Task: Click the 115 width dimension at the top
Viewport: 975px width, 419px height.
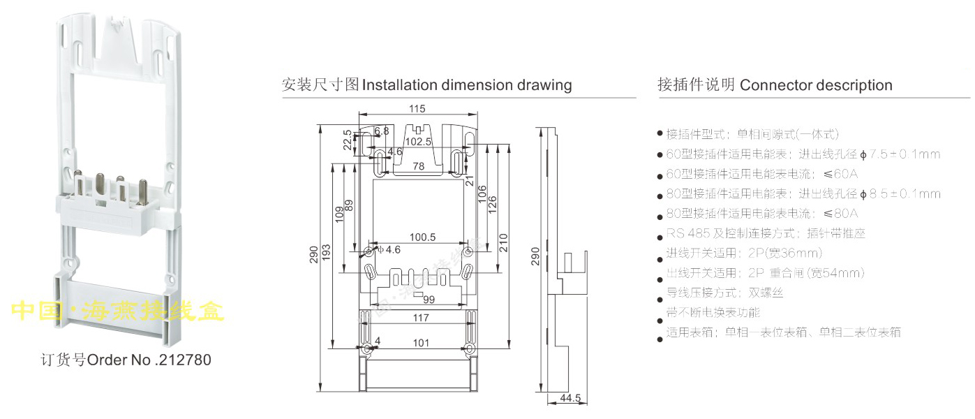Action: (x=417, y=108)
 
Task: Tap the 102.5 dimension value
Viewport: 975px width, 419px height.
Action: (x=419, y=141)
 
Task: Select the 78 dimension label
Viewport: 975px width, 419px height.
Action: (x=417, y=166)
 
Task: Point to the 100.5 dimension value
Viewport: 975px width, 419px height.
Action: (x=422, y=237)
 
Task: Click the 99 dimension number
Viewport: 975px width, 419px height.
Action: (x=429, y=300)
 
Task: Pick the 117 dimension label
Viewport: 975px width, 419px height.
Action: (x=420, y=318)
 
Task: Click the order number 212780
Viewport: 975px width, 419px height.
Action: (x=183, y=361)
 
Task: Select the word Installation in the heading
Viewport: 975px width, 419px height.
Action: (x=401, y=85)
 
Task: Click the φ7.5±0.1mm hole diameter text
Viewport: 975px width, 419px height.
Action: (x=900, y=154)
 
